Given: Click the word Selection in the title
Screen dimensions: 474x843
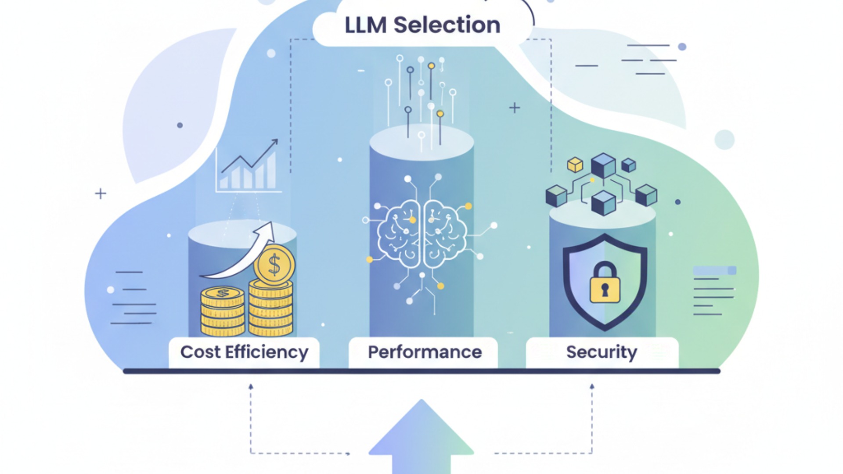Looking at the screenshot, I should (x=447, y=25).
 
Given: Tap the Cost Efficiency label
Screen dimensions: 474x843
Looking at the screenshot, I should (x=244, y=352).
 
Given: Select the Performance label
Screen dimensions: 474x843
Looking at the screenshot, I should (x=425, y=352).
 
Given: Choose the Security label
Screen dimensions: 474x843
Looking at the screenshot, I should (x=602, y=352).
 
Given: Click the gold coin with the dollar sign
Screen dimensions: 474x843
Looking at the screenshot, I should (x=274, y=265).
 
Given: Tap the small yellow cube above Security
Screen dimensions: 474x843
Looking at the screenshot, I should (x=575, y=165).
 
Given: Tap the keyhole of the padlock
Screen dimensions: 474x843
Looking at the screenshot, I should (x=605, y=290).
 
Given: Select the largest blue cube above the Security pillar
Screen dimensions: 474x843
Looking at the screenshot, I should (x=603, y=165).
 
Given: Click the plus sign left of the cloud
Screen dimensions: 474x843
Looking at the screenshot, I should (x=101, y=194).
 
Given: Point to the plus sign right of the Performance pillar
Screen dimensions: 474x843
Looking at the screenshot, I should (x=515, y=108).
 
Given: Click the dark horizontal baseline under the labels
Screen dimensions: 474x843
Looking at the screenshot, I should (x=421, y=371).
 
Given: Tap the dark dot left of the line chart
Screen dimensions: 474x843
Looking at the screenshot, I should (x=180, y=125).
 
